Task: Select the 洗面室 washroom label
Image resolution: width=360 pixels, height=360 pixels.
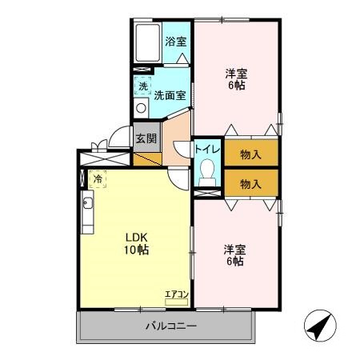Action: pyautogui.click(x=170, y=94)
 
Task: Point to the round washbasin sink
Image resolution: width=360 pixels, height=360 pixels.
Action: pyautogui.click(x=141, y=108)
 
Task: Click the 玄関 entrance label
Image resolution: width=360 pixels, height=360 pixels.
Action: pyautogui.click(x=146, y=138)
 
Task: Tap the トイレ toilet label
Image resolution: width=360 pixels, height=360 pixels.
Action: pyautogui.click(x=207, y=147)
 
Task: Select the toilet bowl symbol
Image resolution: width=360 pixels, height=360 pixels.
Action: pyautogui.click(x=207, y=172)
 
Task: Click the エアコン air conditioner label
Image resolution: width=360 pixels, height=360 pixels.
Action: pyautogui.click(x=176, y=294)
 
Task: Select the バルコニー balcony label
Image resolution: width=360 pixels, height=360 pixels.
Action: pyautogui.click(x=170, y=326)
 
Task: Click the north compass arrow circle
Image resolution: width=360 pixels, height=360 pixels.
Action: pyautogui.click(x=320, y=326)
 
